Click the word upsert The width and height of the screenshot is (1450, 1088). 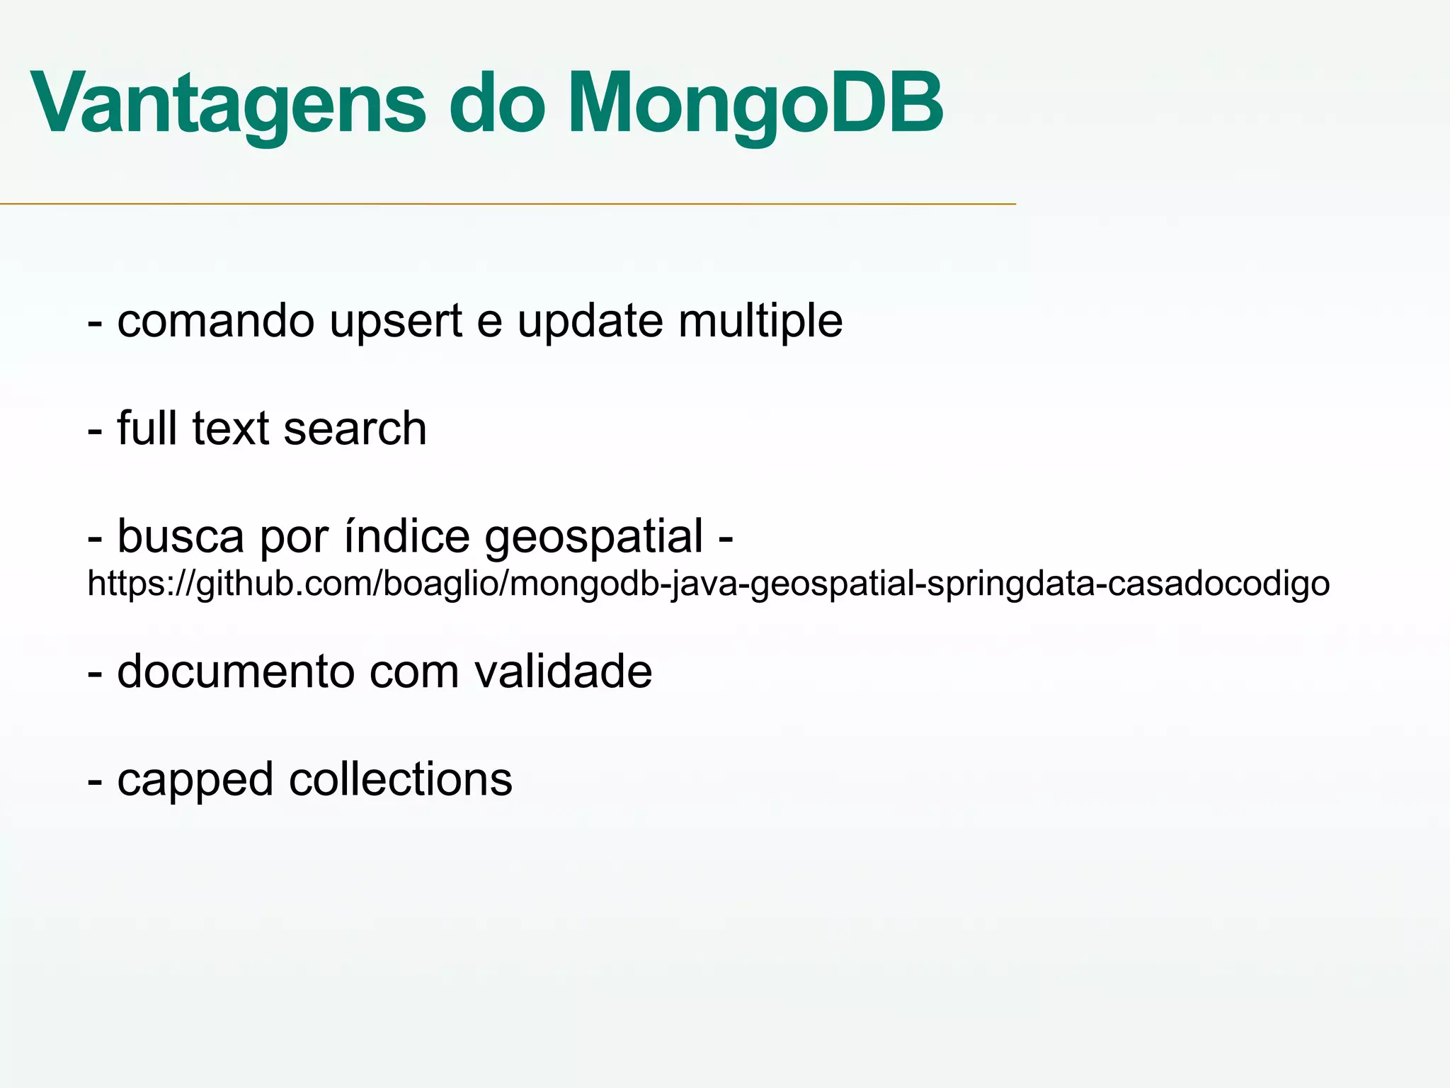[396, 322]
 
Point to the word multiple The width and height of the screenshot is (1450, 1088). [760, 322]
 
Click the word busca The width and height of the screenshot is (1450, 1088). [181, 536]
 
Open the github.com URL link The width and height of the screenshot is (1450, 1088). [708, 584]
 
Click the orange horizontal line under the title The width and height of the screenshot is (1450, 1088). [508, 204]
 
